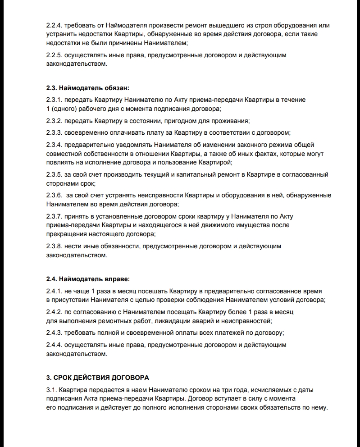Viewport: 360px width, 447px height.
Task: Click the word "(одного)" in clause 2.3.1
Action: click(65, 109)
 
